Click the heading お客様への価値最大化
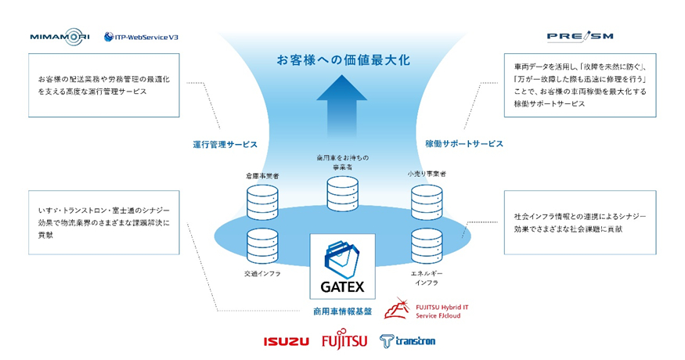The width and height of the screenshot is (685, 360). pos(342,59)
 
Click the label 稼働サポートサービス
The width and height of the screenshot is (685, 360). pos(463,145)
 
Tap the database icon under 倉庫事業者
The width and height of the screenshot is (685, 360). pos(262,201)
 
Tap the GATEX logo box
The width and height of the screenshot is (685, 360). pos(342,265)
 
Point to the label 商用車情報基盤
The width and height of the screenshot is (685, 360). pos(342,311)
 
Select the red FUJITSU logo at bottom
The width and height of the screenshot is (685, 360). pos(344,341)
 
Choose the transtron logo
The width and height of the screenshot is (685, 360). pos(407,341)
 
